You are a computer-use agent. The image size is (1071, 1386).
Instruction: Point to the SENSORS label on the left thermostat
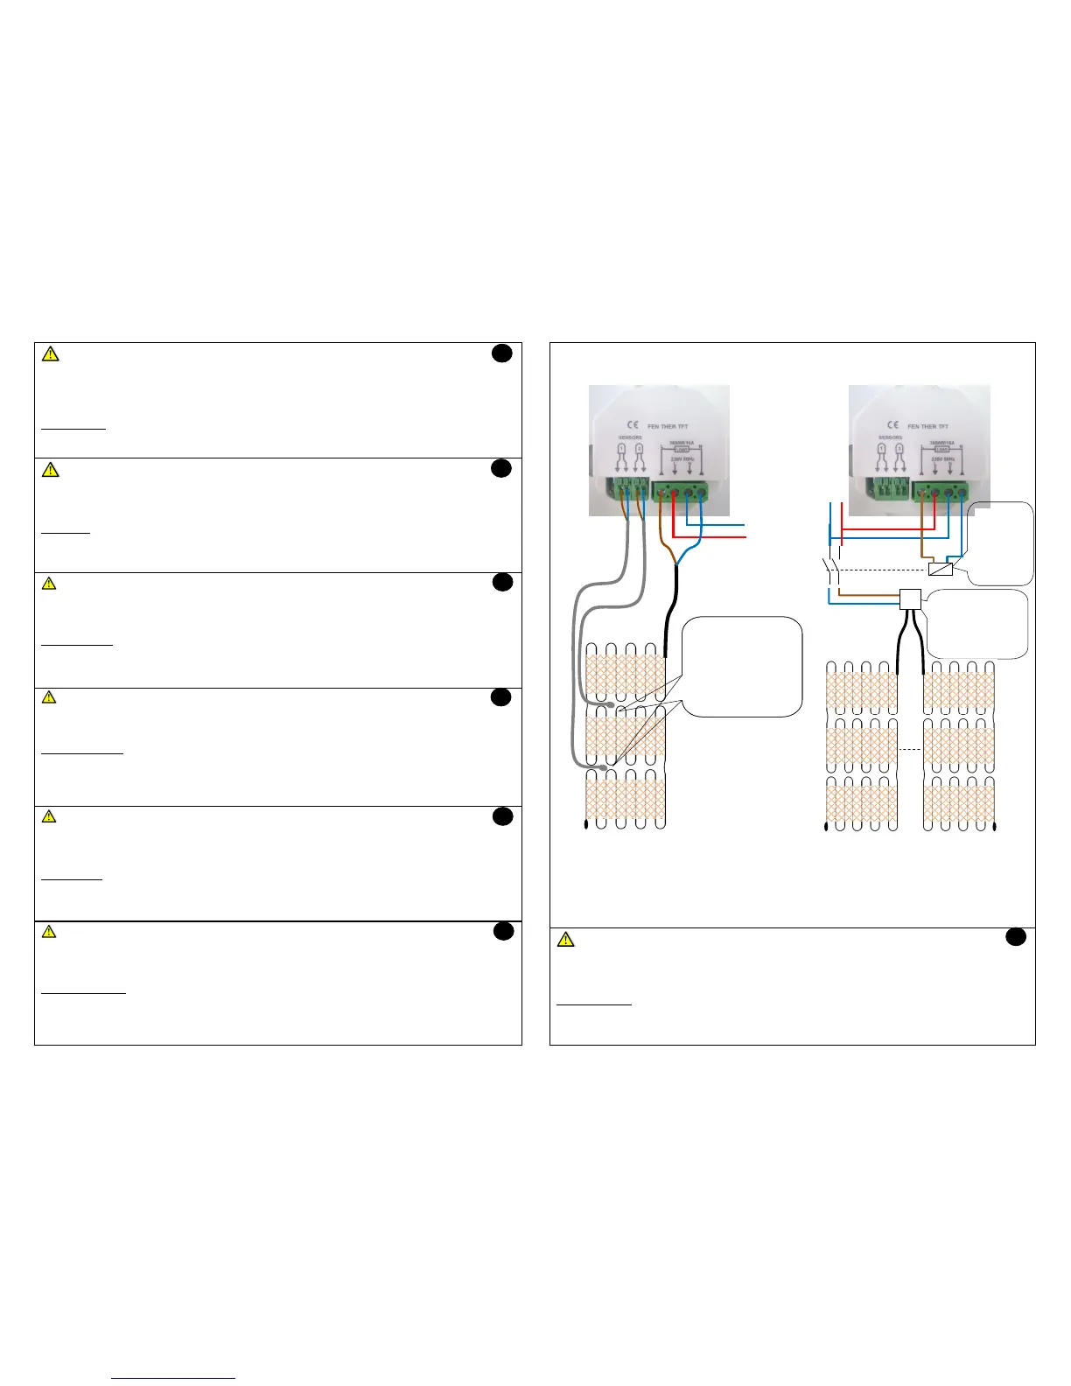(x=630, y=437)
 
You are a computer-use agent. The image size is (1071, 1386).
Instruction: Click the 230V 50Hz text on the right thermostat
(x=941, y=458)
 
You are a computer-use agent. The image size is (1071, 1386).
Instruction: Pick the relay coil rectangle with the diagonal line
(x=941, y=570)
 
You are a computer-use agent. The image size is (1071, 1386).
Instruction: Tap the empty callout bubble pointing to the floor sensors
(x=742, y=667)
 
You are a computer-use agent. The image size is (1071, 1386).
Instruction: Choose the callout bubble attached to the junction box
(x=976, y=623)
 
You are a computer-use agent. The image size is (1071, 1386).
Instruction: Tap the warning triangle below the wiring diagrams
(x=566, y=940)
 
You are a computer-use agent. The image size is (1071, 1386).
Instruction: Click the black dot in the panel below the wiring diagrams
(x=1015, y=937)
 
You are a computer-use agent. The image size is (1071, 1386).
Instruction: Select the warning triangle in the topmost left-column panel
(x=52, y=354)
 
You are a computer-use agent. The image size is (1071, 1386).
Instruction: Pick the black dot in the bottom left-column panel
(x=502, y=931)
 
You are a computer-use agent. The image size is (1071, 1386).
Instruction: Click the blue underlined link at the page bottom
(x=174, y=1378)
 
